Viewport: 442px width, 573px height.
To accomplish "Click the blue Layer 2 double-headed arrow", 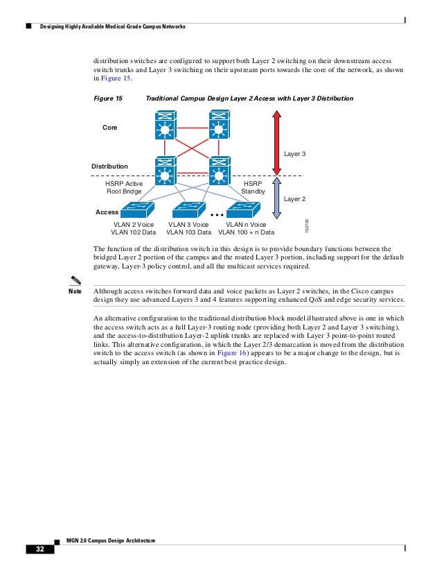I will [x=276, y=198].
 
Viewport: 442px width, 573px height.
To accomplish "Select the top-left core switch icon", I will [x=164, y=129].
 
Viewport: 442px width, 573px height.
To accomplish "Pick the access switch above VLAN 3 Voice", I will [x=189, y=209].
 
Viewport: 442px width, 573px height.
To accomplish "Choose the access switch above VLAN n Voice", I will [x=243, y=209].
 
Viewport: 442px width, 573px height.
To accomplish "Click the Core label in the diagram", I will [x=110, y=128].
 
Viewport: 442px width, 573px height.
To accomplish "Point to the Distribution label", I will [x=109, y=166].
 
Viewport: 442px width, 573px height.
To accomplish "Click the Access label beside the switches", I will [x=107, y=212].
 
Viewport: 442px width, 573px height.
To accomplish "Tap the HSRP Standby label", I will [x=252, y=187].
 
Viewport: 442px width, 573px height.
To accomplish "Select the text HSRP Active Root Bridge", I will [x=124, y=187].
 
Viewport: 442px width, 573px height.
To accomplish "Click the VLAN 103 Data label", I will [x=189, y=233].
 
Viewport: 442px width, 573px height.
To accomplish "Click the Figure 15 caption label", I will [x=108, y=99].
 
